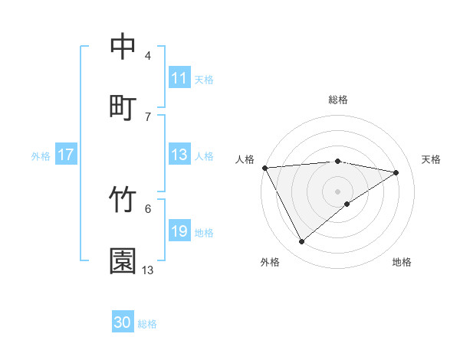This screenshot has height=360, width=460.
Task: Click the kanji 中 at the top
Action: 123,46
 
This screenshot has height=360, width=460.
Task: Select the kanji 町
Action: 123,106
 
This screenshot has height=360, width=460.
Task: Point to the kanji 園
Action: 123,260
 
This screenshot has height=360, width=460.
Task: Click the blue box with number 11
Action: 179,78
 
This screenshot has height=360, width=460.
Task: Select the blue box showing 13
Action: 179,155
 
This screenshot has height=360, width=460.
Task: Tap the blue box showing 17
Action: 66,155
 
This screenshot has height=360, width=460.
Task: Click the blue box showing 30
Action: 123,322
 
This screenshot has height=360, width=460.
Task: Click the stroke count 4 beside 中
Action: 148,56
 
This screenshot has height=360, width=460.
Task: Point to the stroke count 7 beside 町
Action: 148,116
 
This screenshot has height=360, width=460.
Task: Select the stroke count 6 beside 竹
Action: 148,208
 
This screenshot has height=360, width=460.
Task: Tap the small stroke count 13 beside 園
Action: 148,270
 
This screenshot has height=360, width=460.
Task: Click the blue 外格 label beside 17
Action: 41,155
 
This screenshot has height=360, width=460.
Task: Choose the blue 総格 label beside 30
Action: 147,324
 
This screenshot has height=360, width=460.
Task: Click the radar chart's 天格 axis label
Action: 431,159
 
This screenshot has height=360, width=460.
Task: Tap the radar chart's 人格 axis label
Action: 245,159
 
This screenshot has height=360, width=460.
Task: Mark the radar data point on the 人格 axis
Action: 264,168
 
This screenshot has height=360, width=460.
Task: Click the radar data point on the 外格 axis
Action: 301,242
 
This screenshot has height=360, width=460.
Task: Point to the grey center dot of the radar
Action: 337,191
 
